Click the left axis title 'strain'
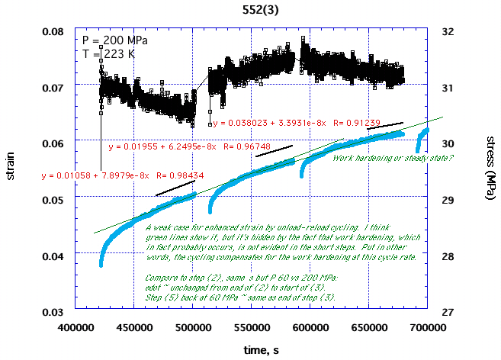11,169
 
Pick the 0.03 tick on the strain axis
53,313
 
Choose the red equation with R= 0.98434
115,175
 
